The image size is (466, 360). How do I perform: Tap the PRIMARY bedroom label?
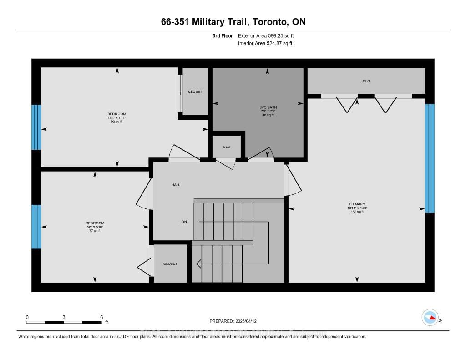357,204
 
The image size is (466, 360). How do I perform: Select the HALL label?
176,185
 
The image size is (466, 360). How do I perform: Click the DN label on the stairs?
184,222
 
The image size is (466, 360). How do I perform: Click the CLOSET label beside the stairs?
170,264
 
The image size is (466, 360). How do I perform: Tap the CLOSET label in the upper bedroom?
195,92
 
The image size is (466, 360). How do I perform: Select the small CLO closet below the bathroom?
227,147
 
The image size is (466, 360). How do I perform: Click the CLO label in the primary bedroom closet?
366,81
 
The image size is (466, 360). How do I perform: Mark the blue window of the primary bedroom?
430,158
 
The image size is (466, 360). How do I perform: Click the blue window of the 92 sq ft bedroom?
36,127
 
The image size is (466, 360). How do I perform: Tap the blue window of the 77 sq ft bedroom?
36,226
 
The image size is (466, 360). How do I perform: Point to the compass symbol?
430,318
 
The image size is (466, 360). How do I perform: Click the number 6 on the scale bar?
101,317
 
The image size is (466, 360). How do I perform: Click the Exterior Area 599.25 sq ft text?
268,35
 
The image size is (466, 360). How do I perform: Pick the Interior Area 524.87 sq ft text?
265,44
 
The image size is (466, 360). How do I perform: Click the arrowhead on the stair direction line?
198,263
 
